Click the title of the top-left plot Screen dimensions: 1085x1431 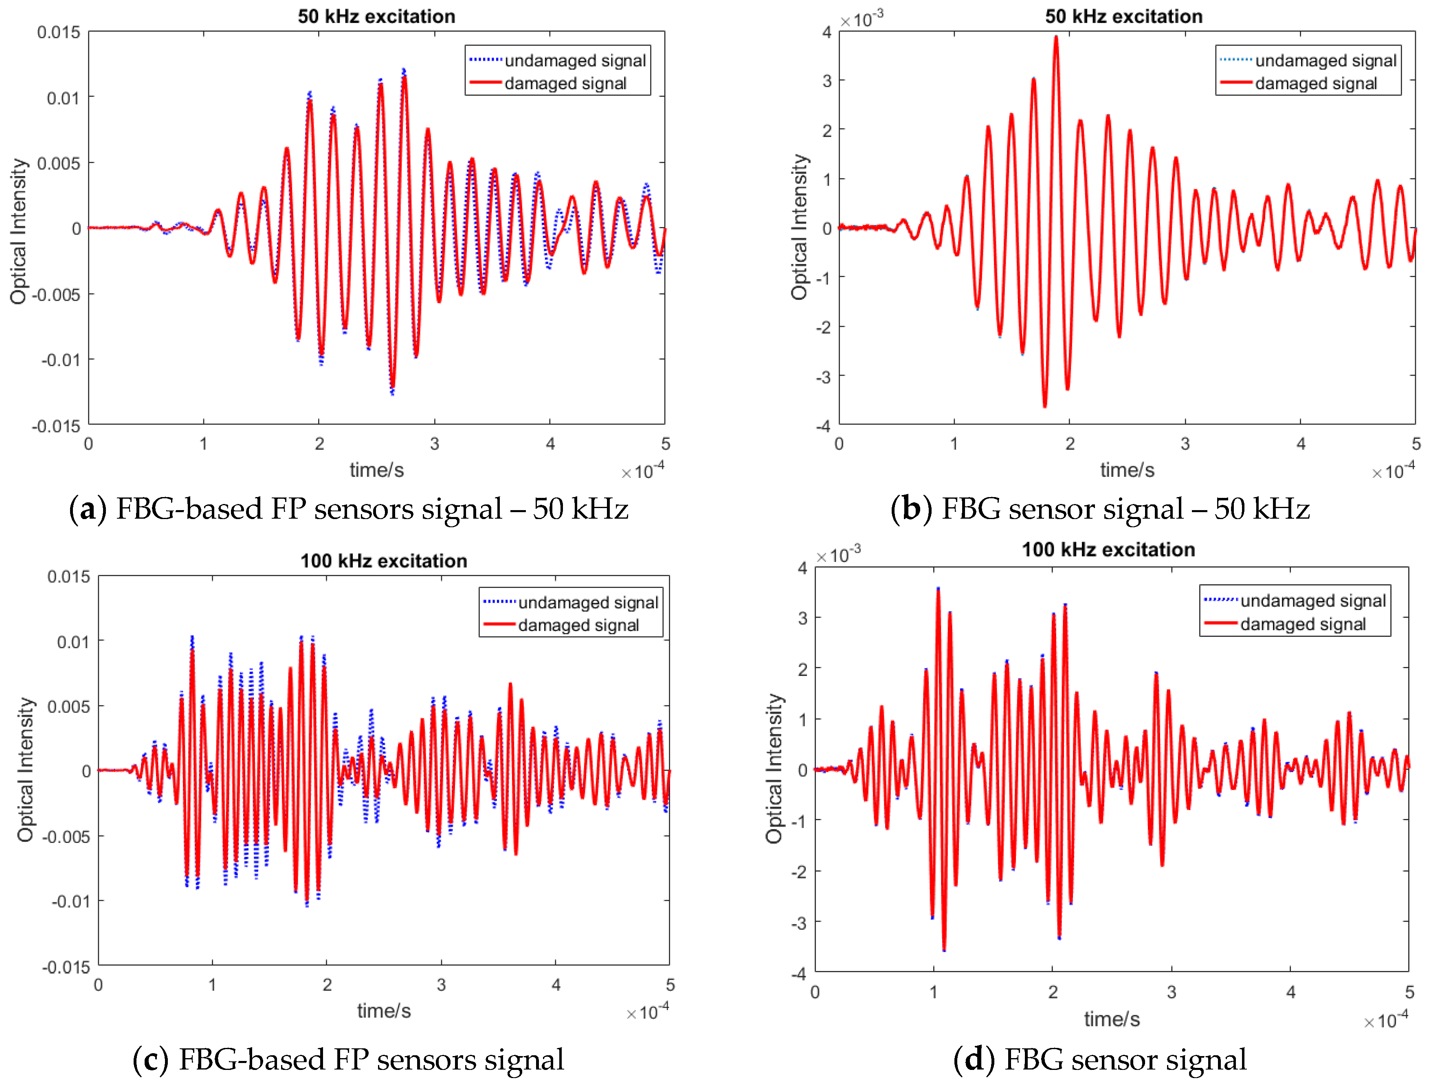[376, 16]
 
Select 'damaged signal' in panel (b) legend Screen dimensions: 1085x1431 [1315, 84]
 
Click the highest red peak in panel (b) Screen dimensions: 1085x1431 [1056, 37]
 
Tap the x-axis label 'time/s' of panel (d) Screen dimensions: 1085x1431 [1111, 1019]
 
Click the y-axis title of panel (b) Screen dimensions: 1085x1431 [800, 227]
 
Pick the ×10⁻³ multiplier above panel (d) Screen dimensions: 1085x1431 [838, 555]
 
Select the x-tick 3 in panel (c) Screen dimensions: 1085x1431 [441, 985]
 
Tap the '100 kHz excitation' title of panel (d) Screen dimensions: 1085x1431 [1108, 549]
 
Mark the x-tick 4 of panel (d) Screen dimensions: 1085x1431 [1290, 992]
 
